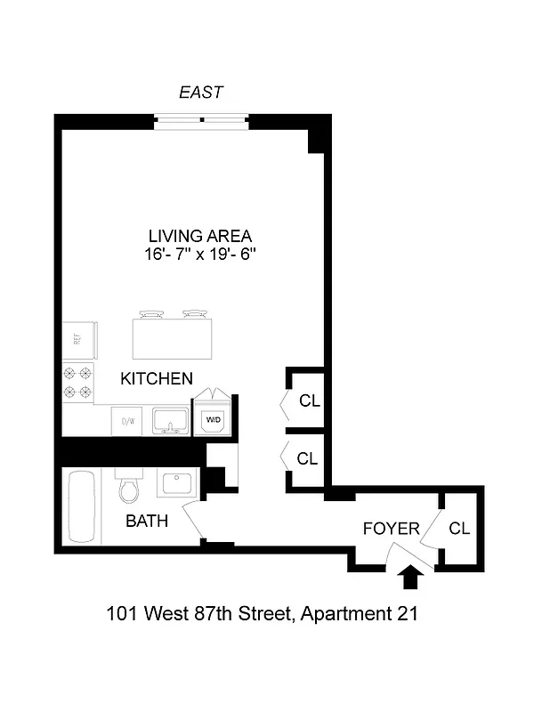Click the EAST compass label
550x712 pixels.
point(200,92)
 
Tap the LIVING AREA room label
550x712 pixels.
point(199,236)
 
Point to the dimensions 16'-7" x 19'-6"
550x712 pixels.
point(200,255)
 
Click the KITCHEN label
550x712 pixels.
point(157,378)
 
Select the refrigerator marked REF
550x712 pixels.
point(78,338)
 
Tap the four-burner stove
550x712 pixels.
point(77,383)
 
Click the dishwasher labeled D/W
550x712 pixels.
point(127,420)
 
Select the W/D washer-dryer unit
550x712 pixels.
point(214,417)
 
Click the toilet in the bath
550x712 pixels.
point(129,488)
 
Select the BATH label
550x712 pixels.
point(147,522)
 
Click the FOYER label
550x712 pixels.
point(391,529)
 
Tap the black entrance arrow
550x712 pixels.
point(409,578)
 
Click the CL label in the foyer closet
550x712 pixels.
point(459,529)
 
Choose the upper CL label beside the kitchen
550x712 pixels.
point(309,400)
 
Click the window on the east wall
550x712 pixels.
point(201,120)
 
